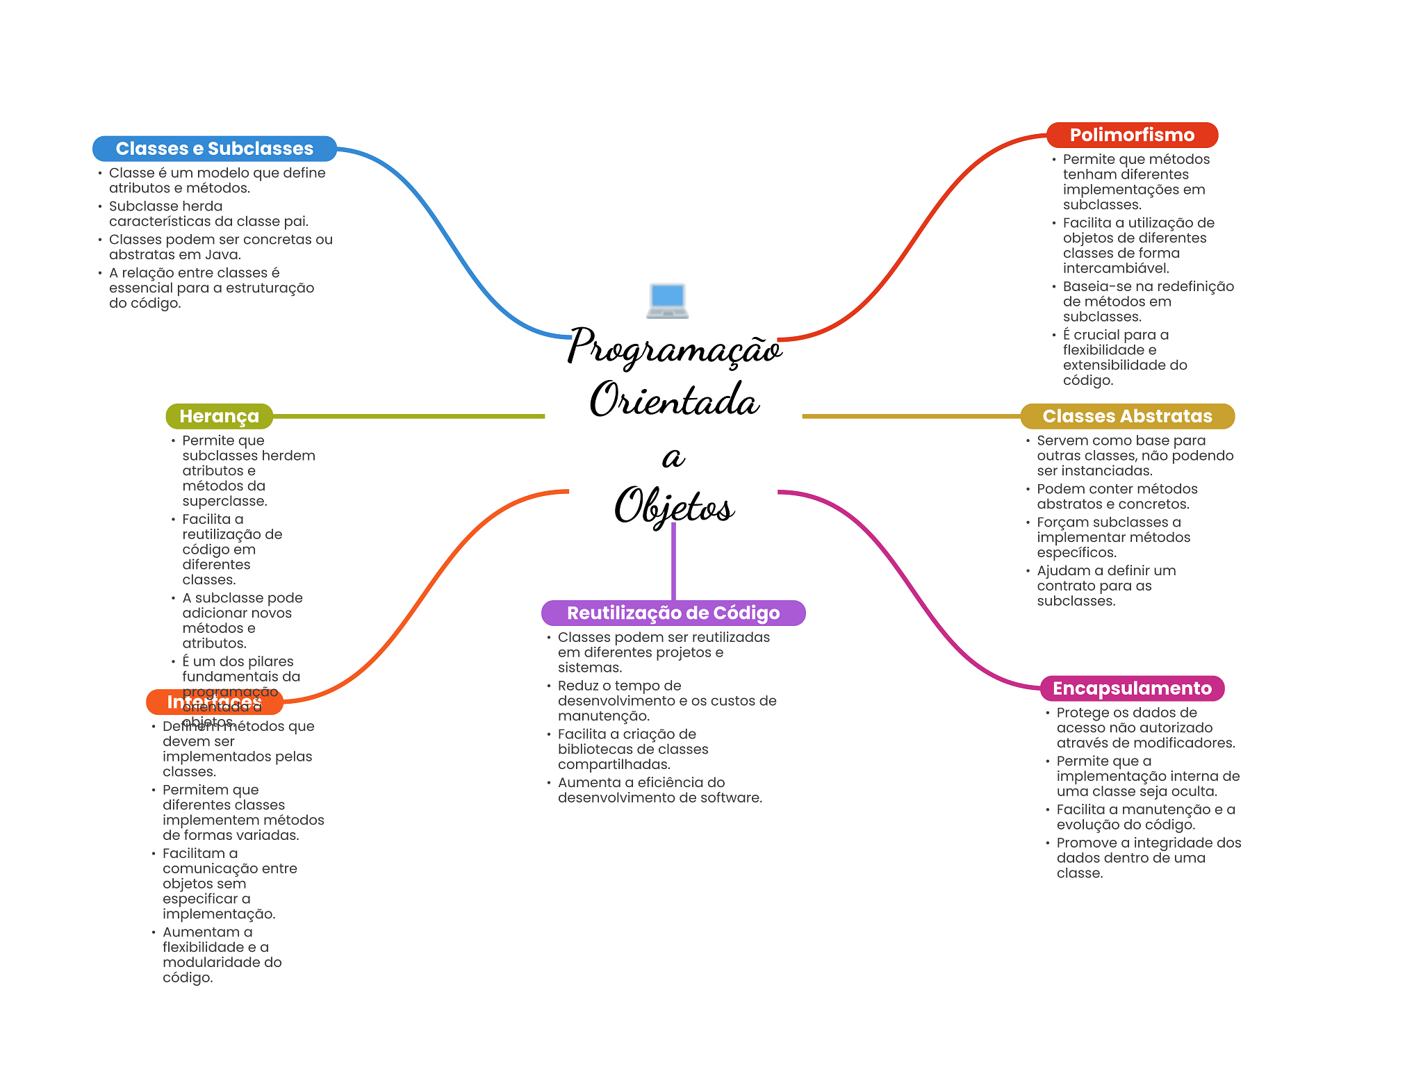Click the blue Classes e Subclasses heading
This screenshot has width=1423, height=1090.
click(214, 149)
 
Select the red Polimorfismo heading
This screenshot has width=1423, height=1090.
click(1132, 135)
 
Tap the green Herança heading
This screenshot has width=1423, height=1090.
click(219, 416)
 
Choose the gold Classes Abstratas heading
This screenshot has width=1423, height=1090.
click(1127, 416)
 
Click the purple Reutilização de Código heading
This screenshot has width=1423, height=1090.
click(673, 613)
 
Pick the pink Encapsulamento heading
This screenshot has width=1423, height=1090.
click(1132, 688)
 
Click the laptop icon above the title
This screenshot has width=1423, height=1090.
click(667, 301)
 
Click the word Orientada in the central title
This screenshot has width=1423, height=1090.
click(674, 401)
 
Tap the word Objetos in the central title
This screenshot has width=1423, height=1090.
click(674, 506)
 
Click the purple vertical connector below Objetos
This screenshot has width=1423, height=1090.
click(673, 563)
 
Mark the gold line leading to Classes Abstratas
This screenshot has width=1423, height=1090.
click(910, 416)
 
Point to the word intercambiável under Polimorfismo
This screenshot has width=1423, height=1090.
click(1116, 269)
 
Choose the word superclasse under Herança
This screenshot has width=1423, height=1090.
click(224, 502)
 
